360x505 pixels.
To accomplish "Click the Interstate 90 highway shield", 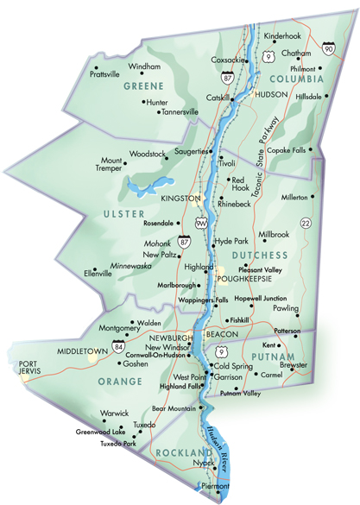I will pos(328,48).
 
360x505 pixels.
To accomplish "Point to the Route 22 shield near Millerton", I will pos(305,224).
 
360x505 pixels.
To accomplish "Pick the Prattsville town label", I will pos(105,74).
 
